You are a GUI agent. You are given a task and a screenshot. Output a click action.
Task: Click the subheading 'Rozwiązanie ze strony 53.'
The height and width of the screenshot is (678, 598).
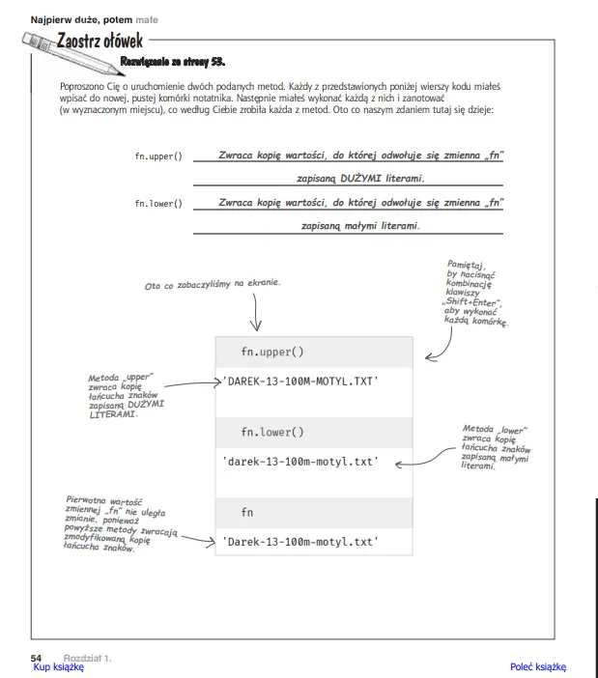(172, 63)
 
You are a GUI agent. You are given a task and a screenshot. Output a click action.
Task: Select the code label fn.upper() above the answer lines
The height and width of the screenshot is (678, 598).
(158, 156)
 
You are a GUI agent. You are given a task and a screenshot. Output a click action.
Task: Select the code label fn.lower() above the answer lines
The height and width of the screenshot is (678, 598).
(158, 204)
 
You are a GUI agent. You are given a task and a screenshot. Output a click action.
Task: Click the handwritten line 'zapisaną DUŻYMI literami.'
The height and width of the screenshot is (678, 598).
(361, 179)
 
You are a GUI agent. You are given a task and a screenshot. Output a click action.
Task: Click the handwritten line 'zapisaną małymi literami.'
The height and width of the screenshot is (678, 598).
(361, 225)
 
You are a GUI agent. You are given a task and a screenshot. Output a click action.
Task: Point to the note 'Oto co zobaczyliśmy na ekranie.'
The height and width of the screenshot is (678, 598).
(213, 285)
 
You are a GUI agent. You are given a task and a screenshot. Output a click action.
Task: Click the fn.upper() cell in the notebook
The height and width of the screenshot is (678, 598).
(271, 353)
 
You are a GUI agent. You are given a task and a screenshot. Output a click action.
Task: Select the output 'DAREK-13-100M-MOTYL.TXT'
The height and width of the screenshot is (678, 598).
(299, 381)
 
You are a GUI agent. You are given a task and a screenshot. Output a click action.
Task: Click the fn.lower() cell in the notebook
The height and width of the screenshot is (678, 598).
(271, 432)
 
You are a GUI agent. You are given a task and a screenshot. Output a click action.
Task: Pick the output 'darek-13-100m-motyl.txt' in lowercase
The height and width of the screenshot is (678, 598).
(299, 462)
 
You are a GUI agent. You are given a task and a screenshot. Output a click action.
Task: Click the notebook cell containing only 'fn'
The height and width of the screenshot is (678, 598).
(248, 512)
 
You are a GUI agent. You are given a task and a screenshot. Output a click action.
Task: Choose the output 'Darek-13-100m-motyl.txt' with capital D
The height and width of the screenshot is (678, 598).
(299, 542)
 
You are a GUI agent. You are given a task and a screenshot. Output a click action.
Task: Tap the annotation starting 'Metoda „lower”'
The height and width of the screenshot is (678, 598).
(496, 447)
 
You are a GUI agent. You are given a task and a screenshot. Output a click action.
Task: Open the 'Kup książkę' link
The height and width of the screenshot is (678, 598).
(58, 666)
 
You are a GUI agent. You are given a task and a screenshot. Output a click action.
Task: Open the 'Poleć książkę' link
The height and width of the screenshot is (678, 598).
(537, 666)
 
